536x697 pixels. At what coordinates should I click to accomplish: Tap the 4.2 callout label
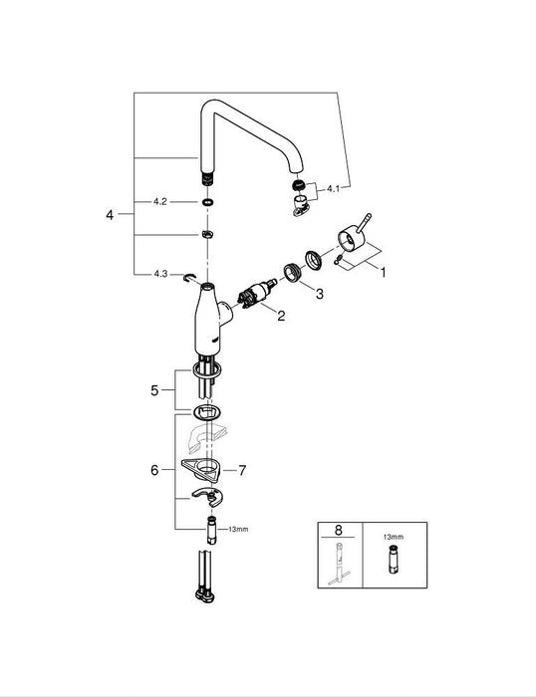159,201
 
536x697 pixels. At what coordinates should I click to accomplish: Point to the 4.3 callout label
159,272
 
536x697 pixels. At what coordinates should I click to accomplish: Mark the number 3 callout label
319,294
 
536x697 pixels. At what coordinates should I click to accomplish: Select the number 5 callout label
153,391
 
